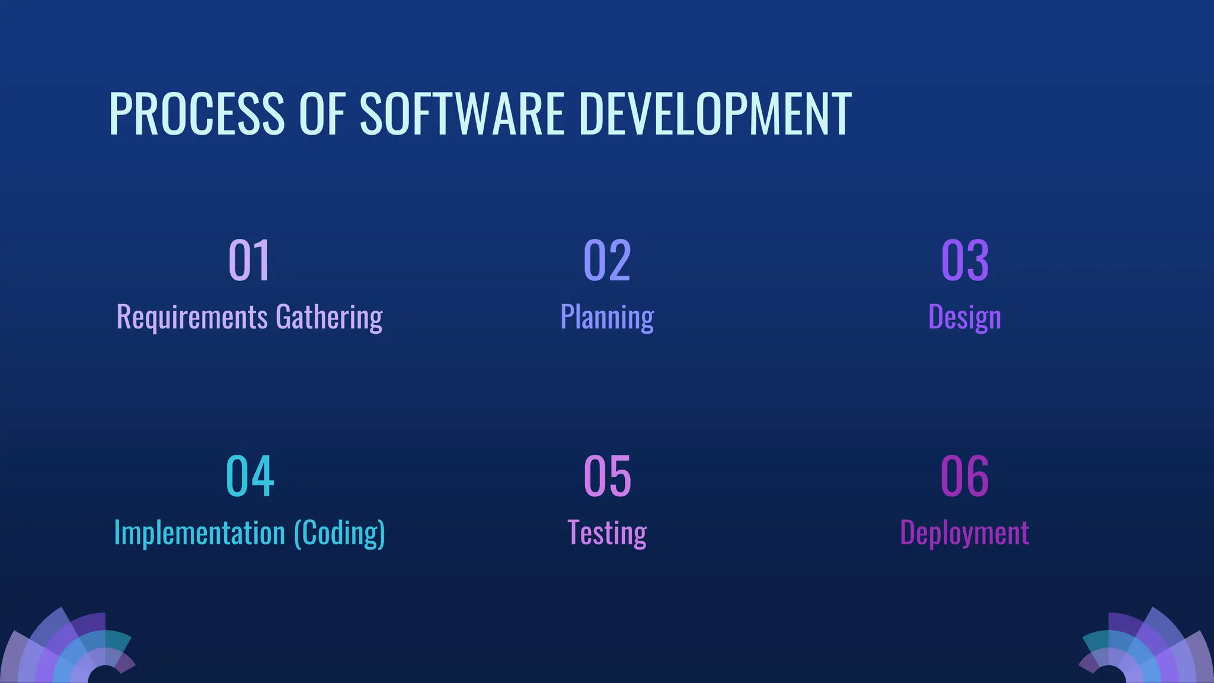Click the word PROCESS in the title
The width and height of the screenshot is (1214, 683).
(197, 114)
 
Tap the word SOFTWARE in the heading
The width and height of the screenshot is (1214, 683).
(462, 114)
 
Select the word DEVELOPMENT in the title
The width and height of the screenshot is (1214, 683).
(715, 114)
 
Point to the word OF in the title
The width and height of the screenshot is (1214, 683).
(322, 114)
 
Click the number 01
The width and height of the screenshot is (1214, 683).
(250, 260)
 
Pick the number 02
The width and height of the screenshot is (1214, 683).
(607, 260)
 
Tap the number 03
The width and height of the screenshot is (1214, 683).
(965, 260)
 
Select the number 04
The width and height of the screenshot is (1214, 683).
(250, 476)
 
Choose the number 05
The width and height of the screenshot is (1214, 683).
(607, 476)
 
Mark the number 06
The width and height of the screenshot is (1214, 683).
(965, 476)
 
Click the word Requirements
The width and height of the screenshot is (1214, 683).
(192, 317)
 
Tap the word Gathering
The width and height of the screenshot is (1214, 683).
(329, 317)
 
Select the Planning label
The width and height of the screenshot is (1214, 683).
(607, 317)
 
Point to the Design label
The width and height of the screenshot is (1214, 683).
(964, 317)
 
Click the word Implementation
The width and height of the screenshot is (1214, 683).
(199, 533)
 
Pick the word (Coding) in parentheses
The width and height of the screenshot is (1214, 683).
(340, 533)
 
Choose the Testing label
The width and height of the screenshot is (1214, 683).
(607, 533)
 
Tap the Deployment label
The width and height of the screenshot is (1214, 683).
(964, 533)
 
